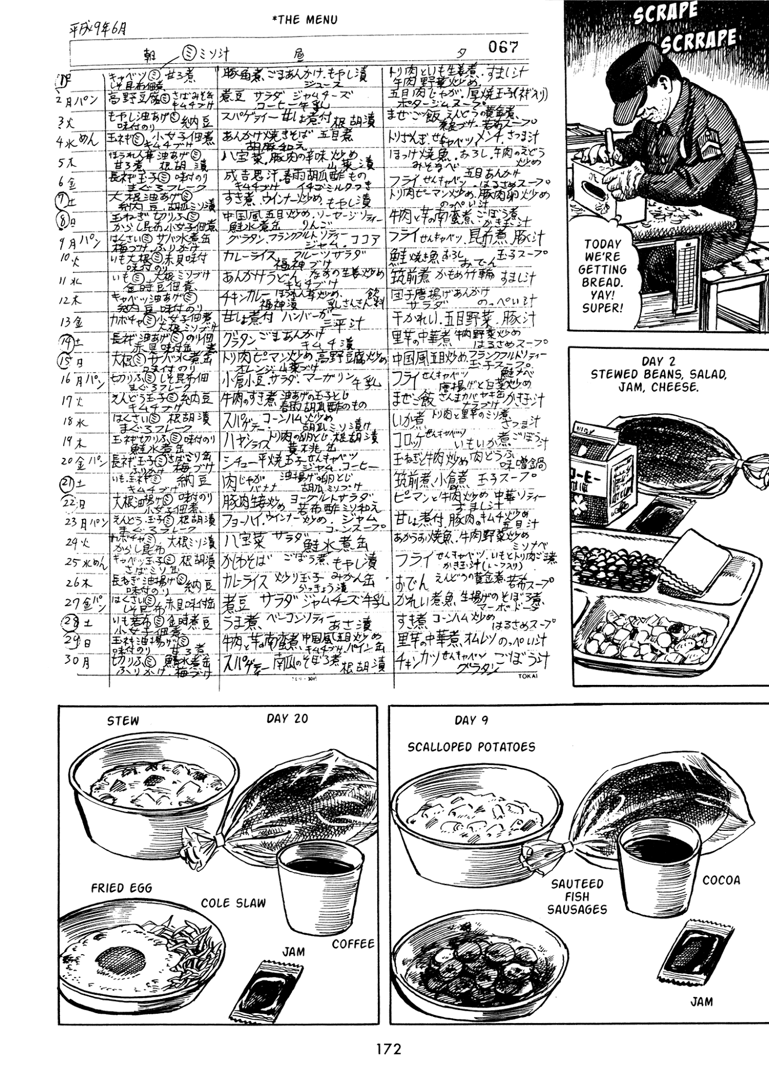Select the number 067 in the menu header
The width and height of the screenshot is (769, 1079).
[503, 47]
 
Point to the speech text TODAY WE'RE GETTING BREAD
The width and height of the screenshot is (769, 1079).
[603, 276]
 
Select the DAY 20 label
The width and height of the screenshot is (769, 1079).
[287, 719]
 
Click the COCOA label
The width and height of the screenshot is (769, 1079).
[721, 880]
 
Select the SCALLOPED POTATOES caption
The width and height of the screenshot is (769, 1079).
[471, 747]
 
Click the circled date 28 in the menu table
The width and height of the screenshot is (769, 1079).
[69, 623]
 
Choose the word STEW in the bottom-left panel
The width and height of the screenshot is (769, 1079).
[123, 721]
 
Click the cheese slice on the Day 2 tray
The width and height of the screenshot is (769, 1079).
[695, 562]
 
